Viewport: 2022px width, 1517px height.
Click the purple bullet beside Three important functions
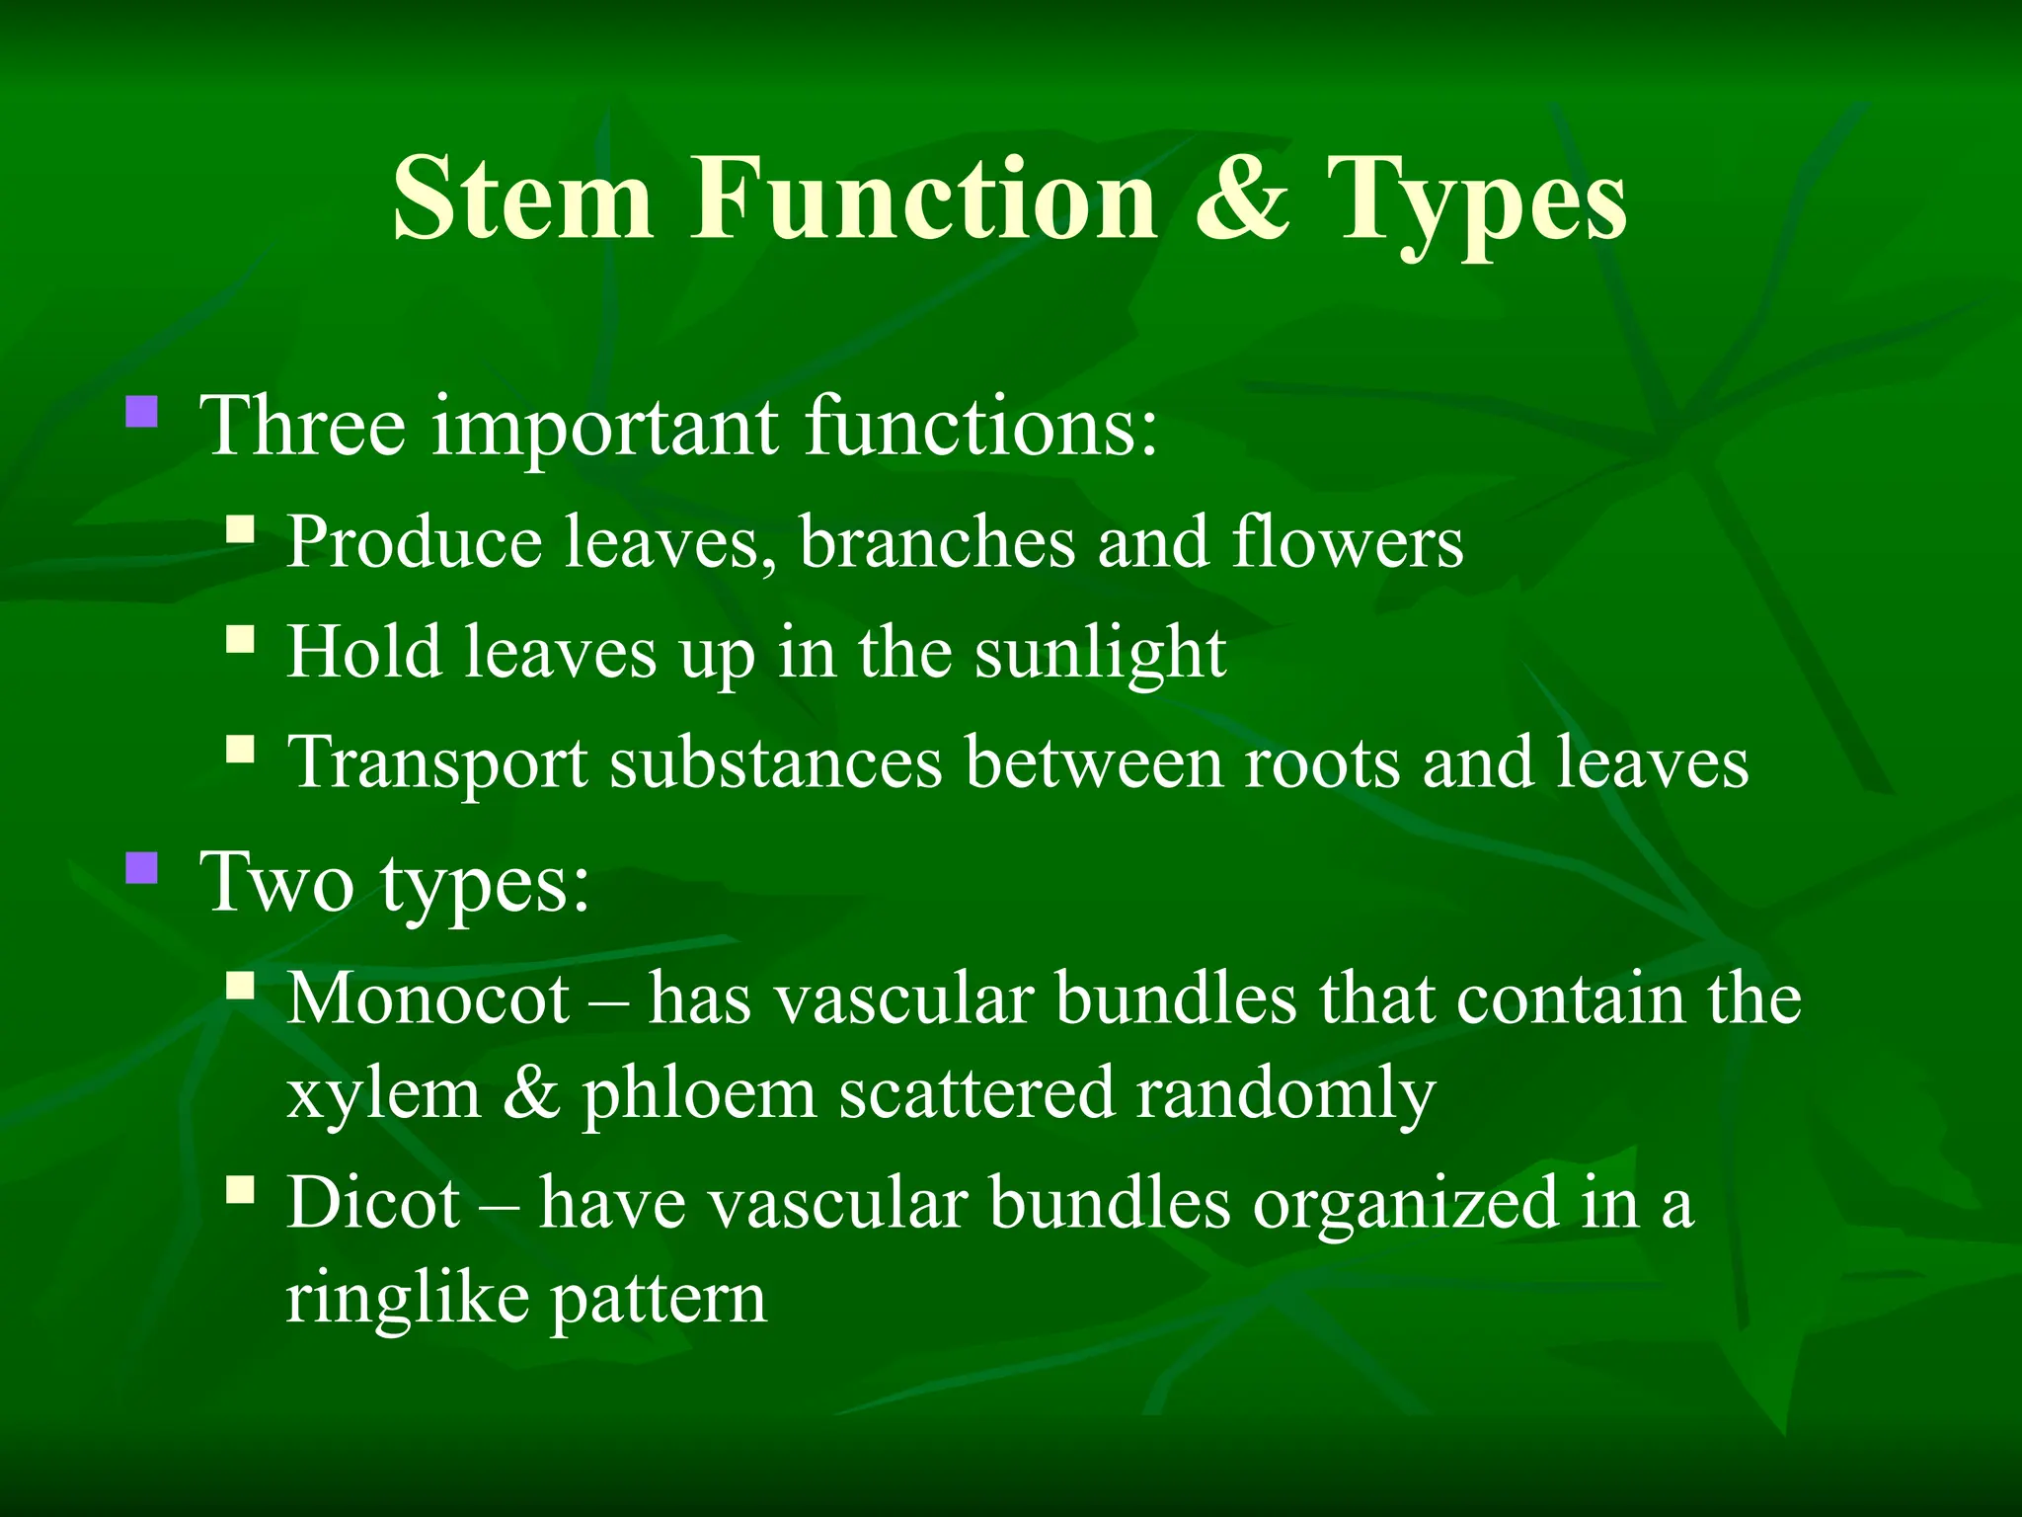pyautogui.click(x=142, y=411)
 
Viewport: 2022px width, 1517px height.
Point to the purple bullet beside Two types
pyautogui.click(x=142, y=868)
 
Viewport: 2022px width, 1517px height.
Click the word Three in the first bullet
pyautogui.click(x=303, y=426)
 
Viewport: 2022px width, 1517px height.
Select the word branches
pyautogui.click(x=937, y=542)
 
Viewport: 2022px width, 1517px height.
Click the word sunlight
pyautogui.click(x=1100, y=654)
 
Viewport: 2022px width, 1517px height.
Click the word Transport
pyautogui.click(x=437, y=764)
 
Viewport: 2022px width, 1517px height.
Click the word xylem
pyautogui.click(x=383, y=1094)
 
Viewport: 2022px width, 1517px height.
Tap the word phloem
pyautogui.click(x=698, y=1094)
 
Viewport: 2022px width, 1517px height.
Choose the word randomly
pyautogui.click(x=1285, y=1094)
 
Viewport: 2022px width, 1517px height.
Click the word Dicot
pyautogui.click(x=373, y=1203)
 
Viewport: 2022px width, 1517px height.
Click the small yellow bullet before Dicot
pyautogui.click(x=240, y=1189)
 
